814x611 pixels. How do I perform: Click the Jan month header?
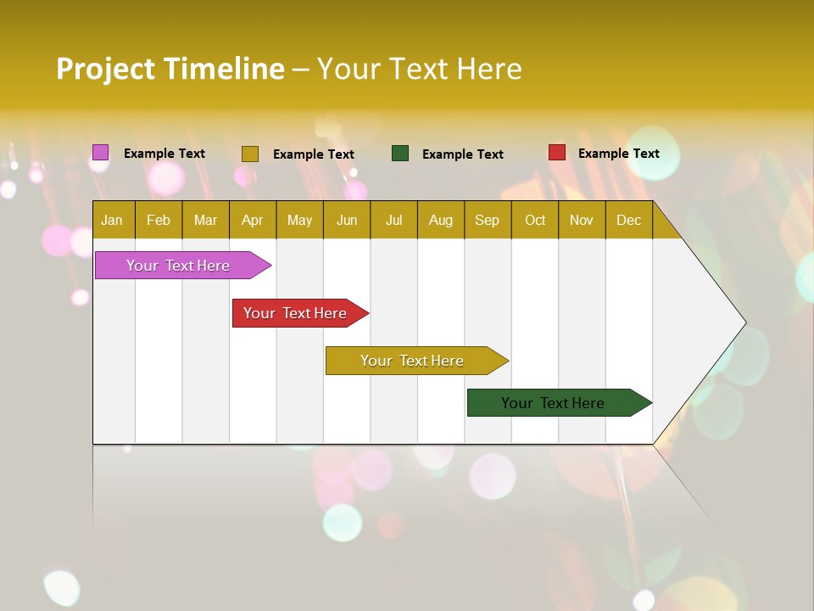point(113,220)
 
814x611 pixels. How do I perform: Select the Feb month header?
point(159,220)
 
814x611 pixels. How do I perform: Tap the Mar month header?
point(205,220)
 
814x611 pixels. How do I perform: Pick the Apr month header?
point(253,220)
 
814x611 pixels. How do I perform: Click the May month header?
point(299,220)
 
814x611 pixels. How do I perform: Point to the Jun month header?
point(347,220)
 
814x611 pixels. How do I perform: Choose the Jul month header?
point(393,220)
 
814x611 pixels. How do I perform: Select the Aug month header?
point(441,220)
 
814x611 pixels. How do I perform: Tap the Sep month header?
point(488,220)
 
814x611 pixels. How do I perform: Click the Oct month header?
point(535,220)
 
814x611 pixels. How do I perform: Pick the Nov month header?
point(582,220)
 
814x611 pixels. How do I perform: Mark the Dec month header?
point(629,220)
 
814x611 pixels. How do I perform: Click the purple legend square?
point(101,153)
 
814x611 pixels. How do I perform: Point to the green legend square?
point(400,153)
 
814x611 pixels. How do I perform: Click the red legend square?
point(557,153)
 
